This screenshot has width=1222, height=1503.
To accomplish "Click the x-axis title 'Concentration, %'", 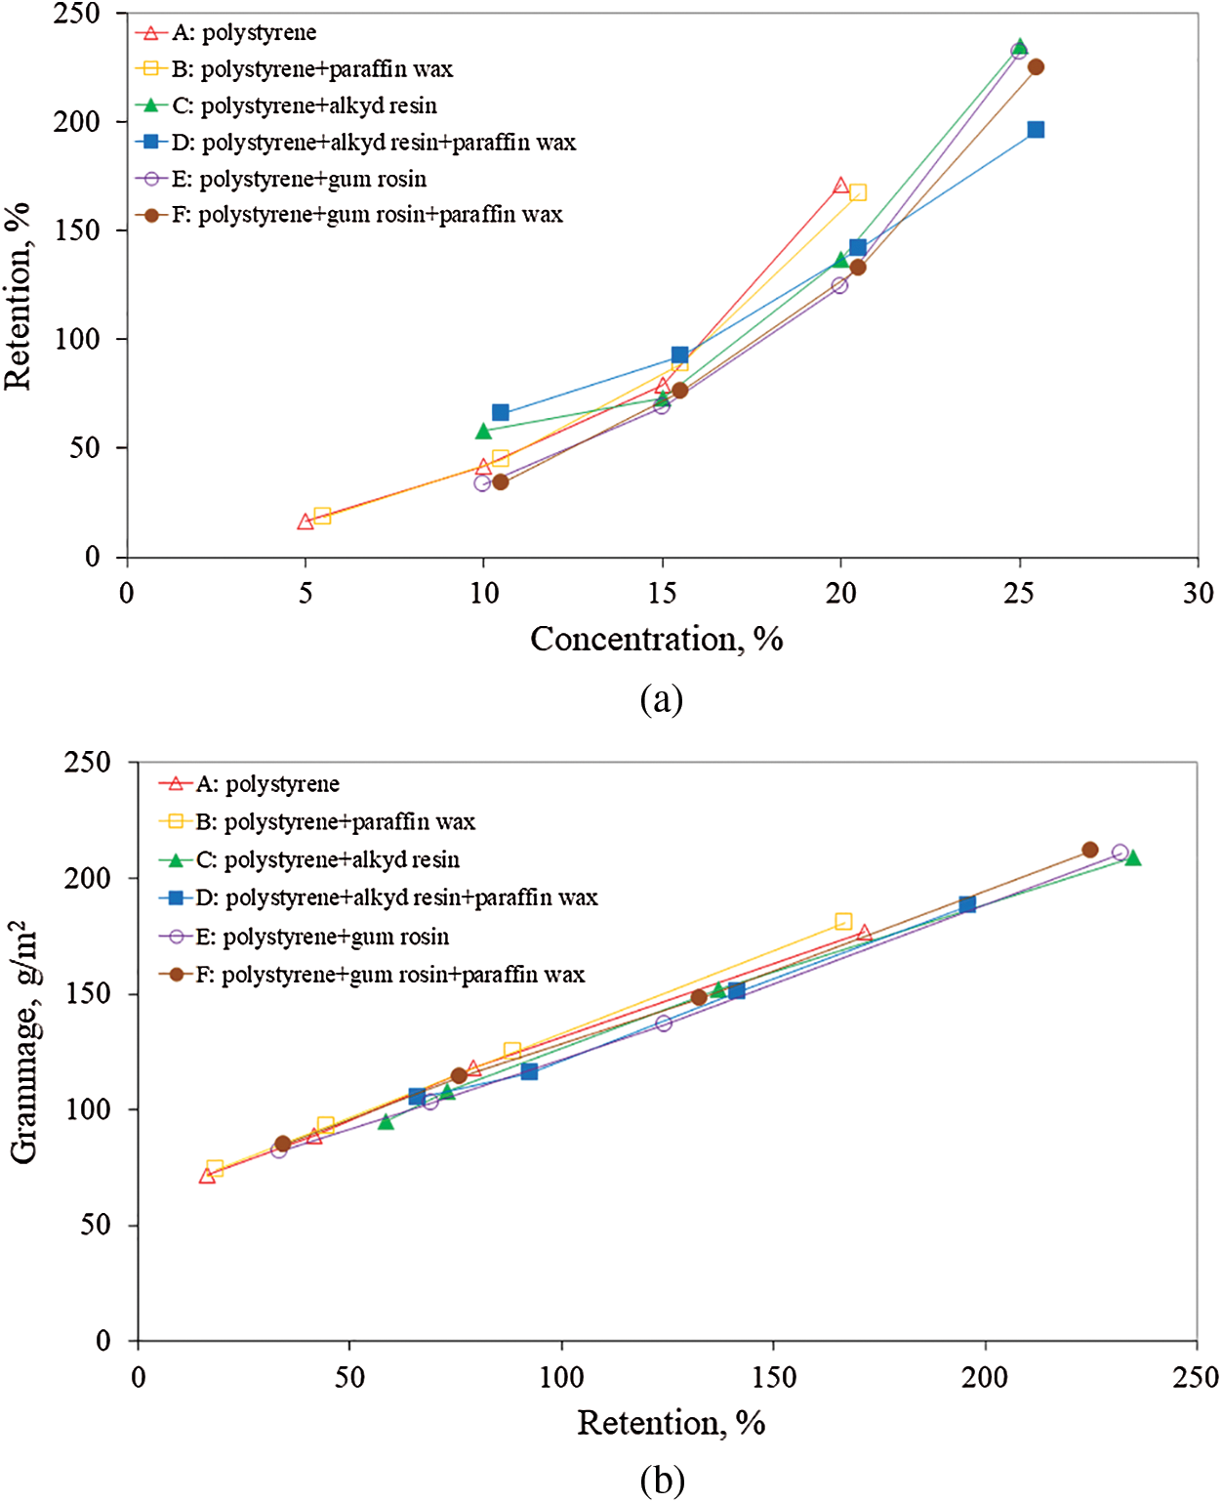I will click(x=656, y=639).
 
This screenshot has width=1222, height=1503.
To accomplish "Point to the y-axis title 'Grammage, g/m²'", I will click(x=23, y=1043).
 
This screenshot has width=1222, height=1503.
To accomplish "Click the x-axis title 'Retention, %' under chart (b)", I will click(x=671, y=1423).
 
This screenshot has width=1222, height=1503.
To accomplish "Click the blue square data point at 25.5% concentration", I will click(x=1036, y=130).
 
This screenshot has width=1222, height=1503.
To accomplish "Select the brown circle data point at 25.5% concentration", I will click(x=1036, y=67).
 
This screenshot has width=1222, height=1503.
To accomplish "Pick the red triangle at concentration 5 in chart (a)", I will click(x=305, y=522).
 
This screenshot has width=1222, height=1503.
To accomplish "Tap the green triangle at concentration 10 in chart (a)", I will click(x=484, y=431).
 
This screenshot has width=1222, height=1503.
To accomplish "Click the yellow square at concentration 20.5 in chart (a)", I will click(x=858, y=192).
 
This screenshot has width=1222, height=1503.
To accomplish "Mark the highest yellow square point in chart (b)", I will click(x=843, y=922).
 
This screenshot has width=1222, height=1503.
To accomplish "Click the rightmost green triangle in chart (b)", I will click(x=1132, y=857).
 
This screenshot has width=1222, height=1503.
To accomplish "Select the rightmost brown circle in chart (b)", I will click(x=1090, y=850).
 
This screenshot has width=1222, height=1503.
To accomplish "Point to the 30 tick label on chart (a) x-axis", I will click(x=1198, y=593).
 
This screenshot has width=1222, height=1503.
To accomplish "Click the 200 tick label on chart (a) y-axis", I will click(x=77, y=122).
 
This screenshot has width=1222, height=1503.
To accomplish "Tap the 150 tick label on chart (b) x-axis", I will click(x=773, y=1378).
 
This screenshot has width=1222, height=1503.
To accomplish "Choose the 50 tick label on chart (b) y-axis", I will click(x=95, y=1225).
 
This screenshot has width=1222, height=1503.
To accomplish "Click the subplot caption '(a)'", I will click(x=661, y=699).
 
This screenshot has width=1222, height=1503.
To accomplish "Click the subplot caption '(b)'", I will click(x=662, y=1481).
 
